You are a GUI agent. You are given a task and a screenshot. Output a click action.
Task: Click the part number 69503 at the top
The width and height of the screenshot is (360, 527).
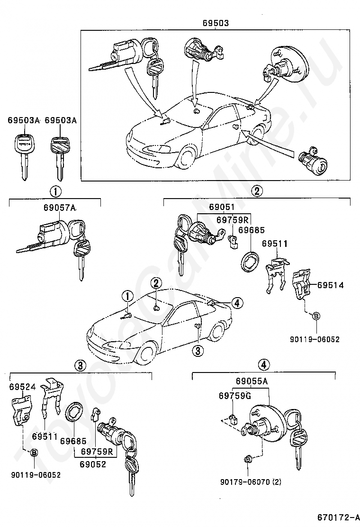click(x=216, y=23)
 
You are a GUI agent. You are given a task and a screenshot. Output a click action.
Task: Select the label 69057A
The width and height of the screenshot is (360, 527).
click(x=60, y=208)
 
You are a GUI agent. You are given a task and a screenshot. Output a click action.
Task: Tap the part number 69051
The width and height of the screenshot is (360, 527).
click(x=222, y=207)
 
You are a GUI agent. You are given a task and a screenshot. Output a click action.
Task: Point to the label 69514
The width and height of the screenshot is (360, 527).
click(x=331, y=285)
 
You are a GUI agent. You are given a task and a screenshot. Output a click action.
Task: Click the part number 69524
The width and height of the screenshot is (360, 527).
click(x=22, y=387)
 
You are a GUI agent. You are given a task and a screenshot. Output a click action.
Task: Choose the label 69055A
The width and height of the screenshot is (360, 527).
click(x=252, y=381)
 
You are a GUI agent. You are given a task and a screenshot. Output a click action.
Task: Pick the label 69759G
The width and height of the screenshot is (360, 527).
click(x=235, y=396)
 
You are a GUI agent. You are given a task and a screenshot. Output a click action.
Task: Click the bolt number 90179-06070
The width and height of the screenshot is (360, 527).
click(x=245, y=482)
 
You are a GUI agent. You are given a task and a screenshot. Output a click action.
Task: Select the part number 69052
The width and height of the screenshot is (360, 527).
click(x=93, y=464)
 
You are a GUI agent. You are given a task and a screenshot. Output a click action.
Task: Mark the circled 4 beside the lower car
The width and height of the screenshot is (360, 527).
click(x=237, y=303)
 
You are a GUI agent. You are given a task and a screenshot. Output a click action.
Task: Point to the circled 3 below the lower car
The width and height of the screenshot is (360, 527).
click(x=198, y=351)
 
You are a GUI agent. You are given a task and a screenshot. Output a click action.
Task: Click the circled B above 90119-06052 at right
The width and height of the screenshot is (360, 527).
click(x=316, y=316)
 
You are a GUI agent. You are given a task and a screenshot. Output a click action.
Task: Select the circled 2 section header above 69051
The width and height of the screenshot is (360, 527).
click(x=257, y=191)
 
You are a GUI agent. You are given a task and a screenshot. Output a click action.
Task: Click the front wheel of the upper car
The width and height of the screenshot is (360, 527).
click(x=186, y=156)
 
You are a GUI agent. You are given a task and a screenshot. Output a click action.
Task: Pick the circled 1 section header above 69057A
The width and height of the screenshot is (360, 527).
click(x=55, y=191)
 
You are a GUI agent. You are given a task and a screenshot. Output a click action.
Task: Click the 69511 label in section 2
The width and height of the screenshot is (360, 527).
click(x=275, y=243)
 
